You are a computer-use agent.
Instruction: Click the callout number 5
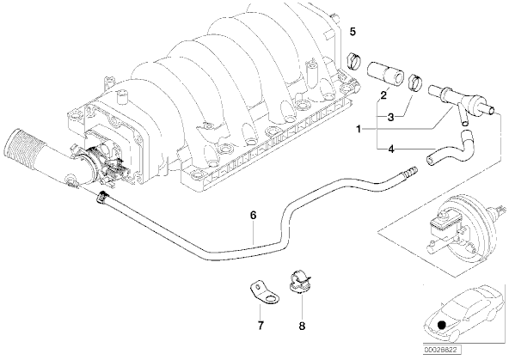click(353, 32)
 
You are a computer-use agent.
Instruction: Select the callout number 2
click(383, 95)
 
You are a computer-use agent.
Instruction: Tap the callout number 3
click(391, 117)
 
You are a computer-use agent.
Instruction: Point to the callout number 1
click(359, 130)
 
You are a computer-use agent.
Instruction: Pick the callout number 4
click(391, 149)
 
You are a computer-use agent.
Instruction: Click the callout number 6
click(253, 215)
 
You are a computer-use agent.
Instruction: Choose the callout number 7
click(261, 326)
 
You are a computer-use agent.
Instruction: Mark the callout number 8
click(302, 326)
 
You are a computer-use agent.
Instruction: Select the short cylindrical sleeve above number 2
click(385, 74)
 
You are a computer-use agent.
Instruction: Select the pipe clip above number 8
click(298, 281)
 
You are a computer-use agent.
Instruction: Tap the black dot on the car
click(441, 325)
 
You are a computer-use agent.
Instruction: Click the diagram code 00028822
click(442, 351)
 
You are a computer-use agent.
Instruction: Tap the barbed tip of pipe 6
click(411, 171)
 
